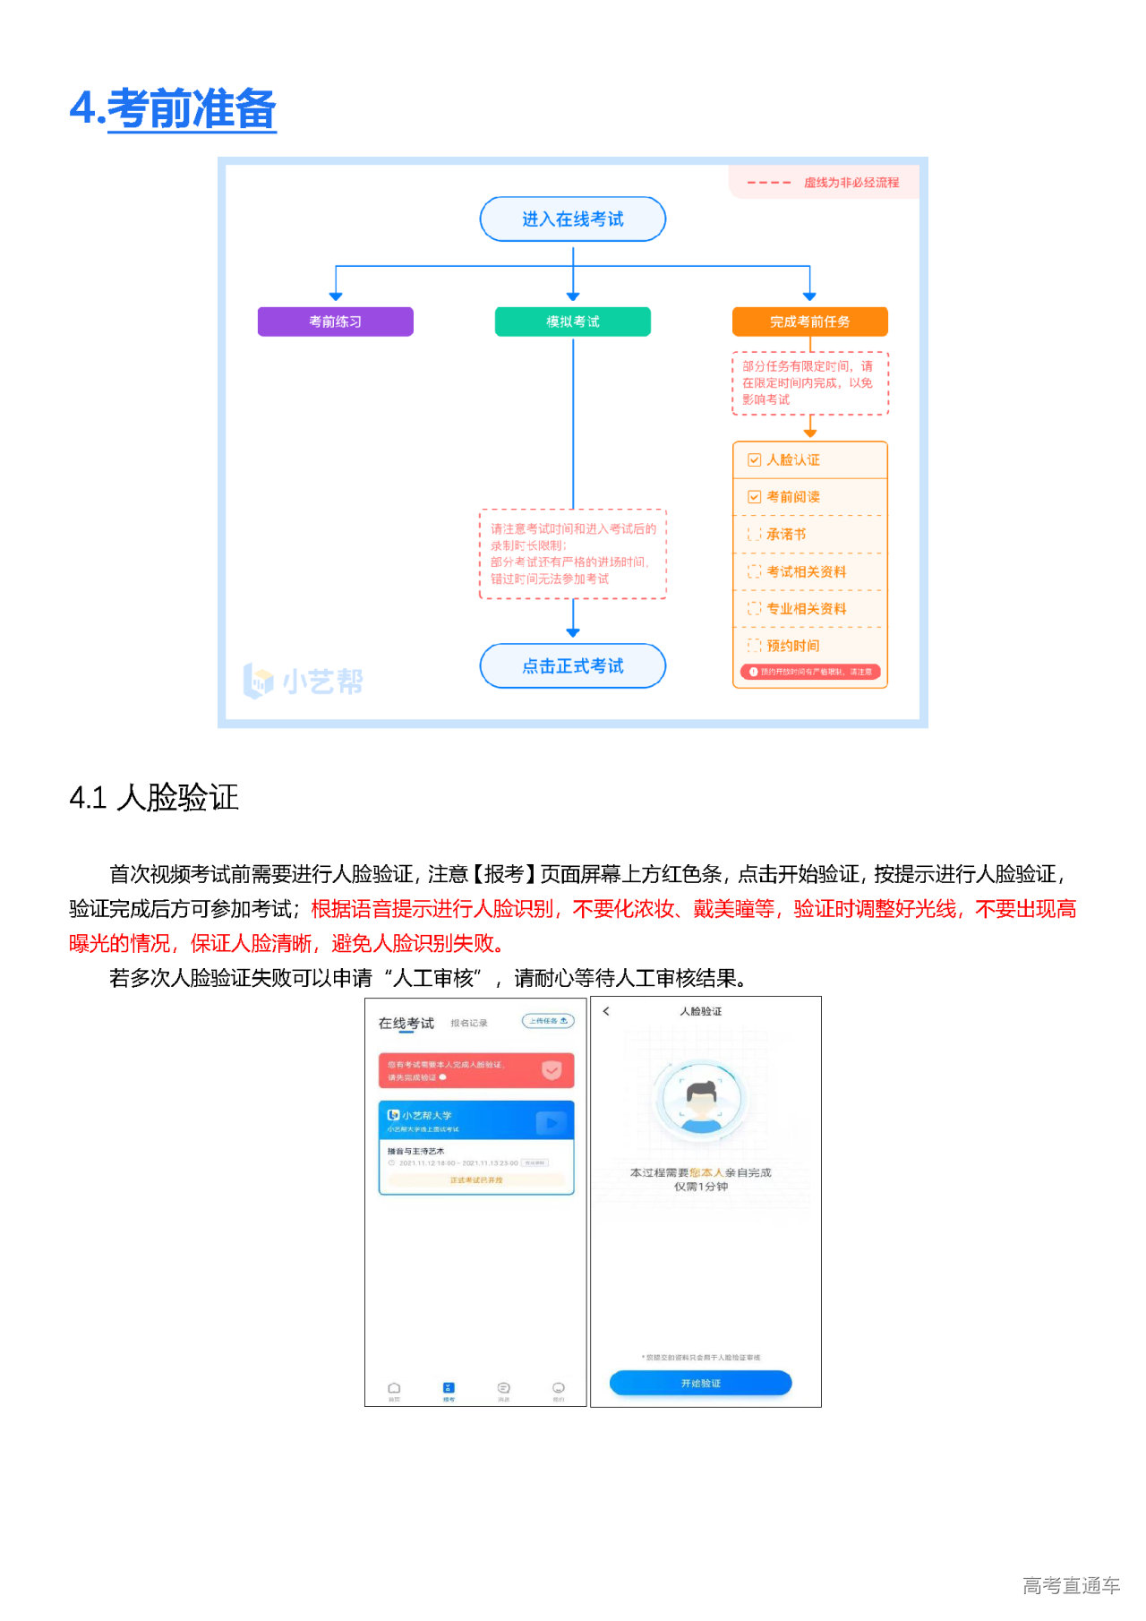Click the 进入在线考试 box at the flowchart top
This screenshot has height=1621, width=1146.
(573, 219)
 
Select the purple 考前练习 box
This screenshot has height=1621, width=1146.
(336, 322)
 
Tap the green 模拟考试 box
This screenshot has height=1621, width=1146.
(573, 322)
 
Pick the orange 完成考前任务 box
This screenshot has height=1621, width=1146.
(809, 322)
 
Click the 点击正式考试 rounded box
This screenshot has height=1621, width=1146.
(573, 666)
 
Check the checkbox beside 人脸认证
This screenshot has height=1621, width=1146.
(755, 460)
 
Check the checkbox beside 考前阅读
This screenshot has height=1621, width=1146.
(755, 497)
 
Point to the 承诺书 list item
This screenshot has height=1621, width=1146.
(786, 535)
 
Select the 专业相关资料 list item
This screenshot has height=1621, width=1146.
(806, 609)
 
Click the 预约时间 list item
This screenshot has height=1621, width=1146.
(792, 646)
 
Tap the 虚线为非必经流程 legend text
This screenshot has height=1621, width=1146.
(851, 183)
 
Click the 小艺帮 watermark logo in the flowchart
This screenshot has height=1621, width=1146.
(304, 682)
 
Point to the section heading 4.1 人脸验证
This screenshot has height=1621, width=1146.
(154, 797)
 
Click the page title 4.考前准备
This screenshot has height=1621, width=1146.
(173, 109)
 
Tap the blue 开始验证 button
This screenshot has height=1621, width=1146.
(700, 1384)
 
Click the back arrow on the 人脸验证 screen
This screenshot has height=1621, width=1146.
(606, 1011)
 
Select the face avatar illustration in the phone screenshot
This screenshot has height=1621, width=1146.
(701, 1099)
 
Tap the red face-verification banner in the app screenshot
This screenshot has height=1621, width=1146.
(475, 1070)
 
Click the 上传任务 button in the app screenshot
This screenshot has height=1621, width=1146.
(548, 1021)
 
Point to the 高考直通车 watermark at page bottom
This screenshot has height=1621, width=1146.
(1071, 1586)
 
